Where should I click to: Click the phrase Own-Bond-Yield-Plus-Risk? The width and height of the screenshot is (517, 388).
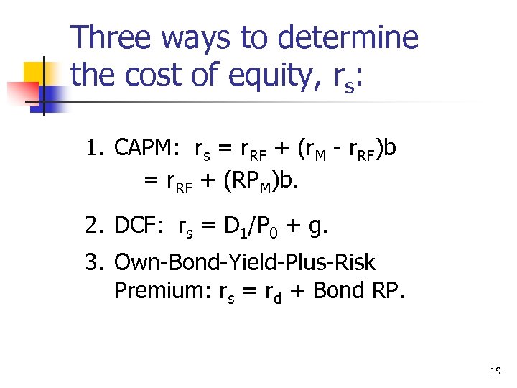(244, 262)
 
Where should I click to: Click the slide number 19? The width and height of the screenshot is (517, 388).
(495, 371)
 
